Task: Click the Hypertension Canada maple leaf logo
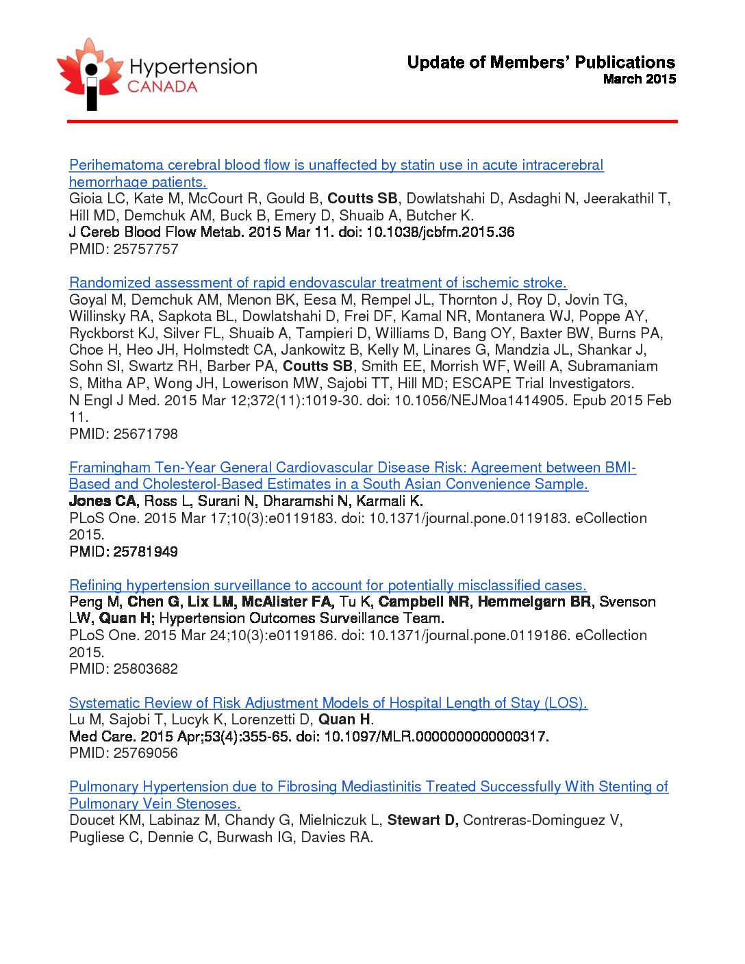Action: (89, 74)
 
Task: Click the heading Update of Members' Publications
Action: (541, 62)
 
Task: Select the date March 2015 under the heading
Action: (639, 79)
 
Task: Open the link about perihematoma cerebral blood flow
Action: (336, 165)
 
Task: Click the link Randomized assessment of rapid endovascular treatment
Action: (318, 283)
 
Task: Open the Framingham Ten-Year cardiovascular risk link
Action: (352, 468)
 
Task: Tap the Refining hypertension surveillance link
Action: (327, 585)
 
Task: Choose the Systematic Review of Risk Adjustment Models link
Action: (328, 703)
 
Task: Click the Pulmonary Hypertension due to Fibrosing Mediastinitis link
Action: (368, 787)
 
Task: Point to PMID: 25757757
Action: (124, 249)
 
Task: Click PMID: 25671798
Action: (124, 434)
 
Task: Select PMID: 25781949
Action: (124, 552)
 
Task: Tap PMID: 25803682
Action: (124, 669)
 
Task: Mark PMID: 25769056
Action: (124, 753)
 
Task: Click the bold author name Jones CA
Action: (103, 501)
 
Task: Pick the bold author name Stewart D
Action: (422, 820)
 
